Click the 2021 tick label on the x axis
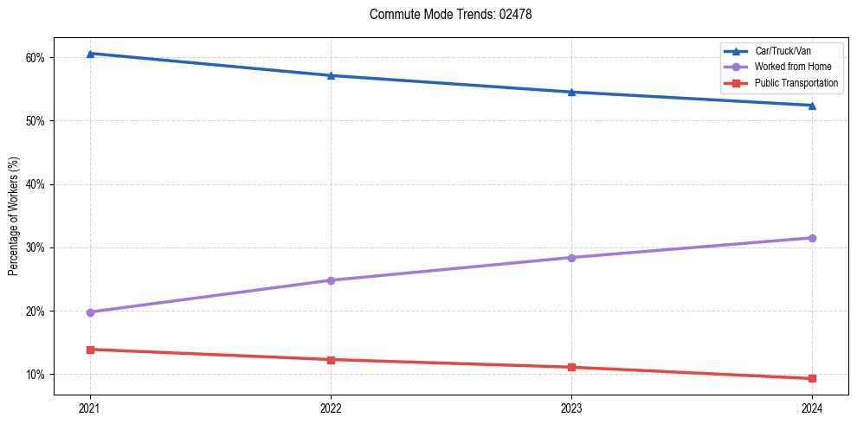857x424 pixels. (90, 408)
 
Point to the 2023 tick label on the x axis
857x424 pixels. (571, 408)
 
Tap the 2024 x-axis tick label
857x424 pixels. (812, 408)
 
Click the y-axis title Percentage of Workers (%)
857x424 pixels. (14, 216)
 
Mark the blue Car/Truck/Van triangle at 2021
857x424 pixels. (90, 54)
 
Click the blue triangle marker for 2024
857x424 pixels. (812, 106)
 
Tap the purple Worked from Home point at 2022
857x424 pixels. (331, 280)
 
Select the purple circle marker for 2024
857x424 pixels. (812, 238)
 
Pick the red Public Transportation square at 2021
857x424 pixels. (90, 350)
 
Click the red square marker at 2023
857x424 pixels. (571, 367)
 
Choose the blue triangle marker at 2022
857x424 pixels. (331, 75)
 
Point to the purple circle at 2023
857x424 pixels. (571, 258)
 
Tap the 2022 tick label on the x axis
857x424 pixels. (331, 408)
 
